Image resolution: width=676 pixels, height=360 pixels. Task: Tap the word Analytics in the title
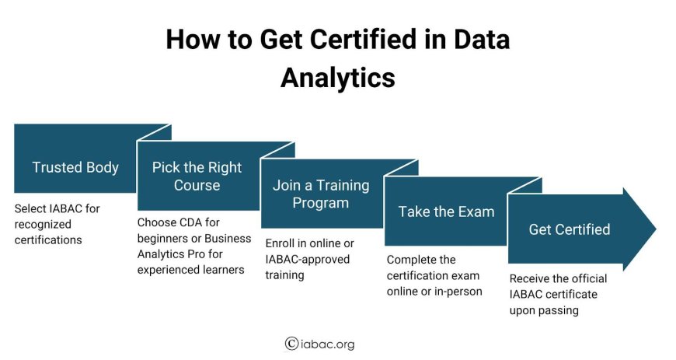pyautogui.click(x=338, y=78)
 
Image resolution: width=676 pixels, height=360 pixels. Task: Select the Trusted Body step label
pyautogui.click(x=75, y=167)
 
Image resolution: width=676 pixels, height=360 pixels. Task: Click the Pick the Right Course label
pyautogui.click(x=197, y=177)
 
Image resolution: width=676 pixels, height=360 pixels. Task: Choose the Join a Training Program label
pyautogui.click(x=321, y=194)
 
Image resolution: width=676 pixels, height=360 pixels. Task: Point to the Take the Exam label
pyautogui.click(x=446, y=211)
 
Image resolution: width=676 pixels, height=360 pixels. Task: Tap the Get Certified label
pyautogui.click(x=570, y=229)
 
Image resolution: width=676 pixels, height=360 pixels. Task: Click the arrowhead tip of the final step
pyautogui.click(x=656, y=229)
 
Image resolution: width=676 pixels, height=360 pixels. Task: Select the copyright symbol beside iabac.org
pyautogui.click(x=291, y=344)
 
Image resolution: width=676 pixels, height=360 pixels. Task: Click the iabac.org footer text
pyautogui.click(x=327, y=344)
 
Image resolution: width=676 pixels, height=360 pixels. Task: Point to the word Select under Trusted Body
pyautogui.click(x=30, y=208)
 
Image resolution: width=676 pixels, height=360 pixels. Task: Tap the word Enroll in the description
pyautogui.click(x=280, y=243)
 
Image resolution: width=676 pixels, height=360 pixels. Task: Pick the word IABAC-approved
pyautogui.click(x=308, y=260)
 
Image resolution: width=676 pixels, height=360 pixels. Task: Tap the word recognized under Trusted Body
pyautogui.click(x=43, y=225)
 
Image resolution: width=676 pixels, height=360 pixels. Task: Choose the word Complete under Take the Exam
pyautogui.click(x=406, y=260)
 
